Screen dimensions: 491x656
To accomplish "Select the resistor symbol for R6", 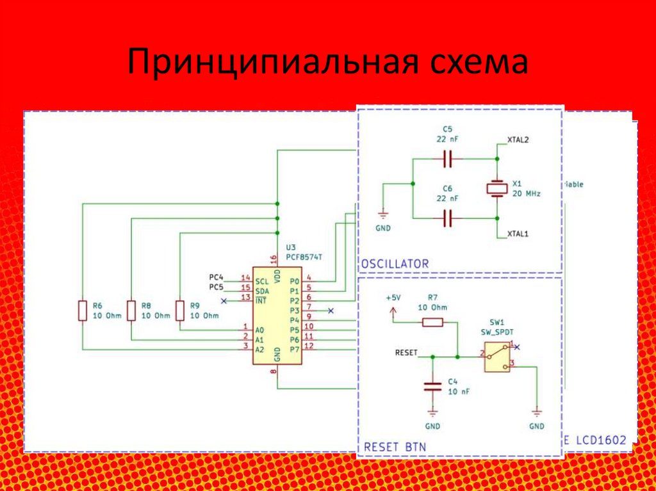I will point(82,310).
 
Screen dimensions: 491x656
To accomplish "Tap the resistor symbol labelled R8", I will point(131,310).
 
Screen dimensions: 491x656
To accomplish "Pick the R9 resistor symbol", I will point(180,310).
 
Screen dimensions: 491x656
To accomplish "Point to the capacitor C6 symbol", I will point(448,220).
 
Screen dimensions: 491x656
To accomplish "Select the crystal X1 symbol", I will point(496,188).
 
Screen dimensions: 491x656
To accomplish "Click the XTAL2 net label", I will point(518,139).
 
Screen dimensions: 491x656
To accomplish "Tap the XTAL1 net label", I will point(518,234).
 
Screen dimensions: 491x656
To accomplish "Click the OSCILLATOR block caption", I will point(395,264).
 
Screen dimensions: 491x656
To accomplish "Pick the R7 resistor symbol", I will point(432,323).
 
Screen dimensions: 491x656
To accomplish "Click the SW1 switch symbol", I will point(498,357).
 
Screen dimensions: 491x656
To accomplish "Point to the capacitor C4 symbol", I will point(432,386).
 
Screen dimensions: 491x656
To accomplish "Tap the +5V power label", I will point(393,298).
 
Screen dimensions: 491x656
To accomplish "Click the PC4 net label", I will point(217,277).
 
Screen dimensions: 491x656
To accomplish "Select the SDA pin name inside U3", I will point(262,291).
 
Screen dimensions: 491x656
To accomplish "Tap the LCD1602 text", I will point(600,440).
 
